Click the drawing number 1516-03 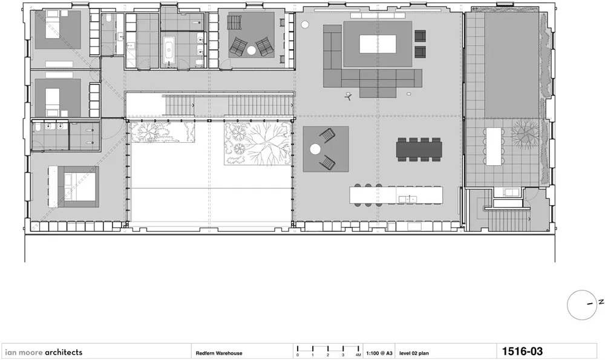click(x=522, y=352)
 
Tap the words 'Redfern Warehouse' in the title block click(x=219, y=353)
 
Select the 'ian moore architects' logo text click(x=44, y=352)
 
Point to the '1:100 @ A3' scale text click(x=379, y=353)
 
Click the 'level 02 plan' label click(x=414, y=353)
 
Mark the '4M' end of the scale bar click(x=358, y=355)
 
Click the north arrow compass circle click(x=583, y=305)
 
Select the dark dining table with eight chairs click(x=419, y=149)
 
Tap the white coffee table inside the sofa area click(x=378, y=44)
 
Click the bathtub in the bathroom click(x=169, y=50)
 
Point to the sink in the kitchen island click(x=408, y=199)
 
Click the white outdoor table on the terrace click(x=494, y=146)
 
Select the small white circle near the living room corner click(x=305, y=25)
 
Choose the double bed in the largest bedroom click(x=79, y=187)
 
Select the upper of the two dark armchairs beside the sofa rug click(x=420, y=36)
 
